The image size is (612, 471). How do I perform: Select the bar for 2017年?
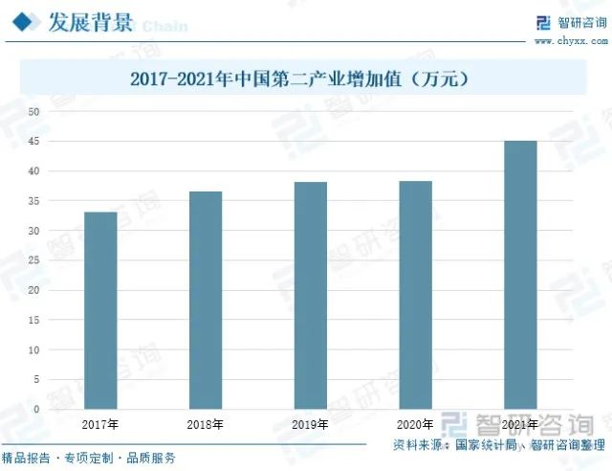point(100,310)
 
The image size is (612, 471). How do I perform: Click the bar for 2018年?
point(206,300)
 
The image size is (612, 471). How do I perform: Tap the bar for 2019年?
point(310,295)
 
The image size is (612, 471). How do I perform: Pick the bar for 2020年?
point(415,295)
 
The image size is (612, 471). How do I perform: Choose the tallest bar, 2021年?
point(520,275)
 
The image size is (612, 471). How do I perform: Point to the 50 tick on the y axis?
point(33,112)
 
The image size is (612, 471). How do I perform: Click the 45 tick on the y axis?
point(33,142)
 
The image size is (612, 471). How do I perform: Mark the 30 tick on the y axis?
point(33,231)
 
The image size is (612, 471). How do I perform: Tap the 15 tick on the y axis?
point(33,320)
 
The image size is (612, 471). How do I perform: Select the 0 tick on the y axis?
point(36,409)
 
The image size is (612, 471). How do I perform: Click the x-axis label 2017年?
point(100,424)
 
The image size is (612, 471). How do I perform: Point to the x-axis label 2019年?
point(310,424)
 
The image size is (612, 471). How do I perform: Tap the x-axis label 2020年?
point(415,424)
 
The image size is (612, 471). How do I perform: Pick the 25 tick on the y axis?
point(33,260)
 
